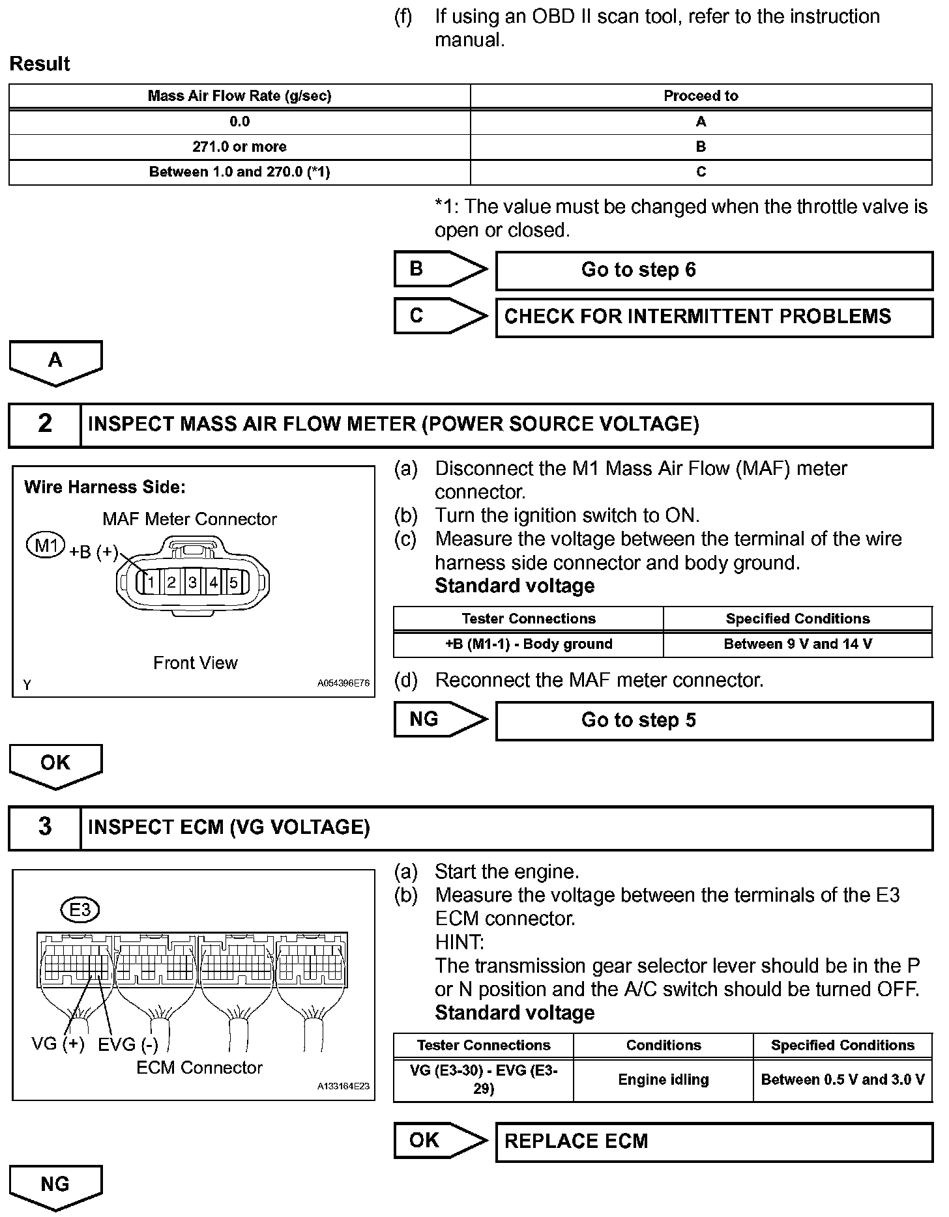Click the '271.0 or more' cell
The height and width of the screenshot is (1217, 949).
coord(239,147)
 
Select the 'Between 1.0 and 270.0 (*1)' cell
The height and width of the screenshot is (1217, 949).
coord(239,172)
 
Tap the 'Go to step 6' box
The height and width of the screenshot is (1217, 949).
coord(714,270)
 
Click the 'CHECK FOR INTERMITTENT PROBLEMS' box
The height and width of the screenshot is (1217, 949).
coord(714,317)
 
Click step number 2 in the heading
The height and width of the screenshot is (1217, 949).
coord(44,424)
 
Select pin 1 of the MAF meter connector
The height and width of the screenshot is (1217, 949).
coord(150,582)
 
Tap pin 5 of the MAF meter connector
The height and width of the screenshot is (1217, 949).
coord(234,582)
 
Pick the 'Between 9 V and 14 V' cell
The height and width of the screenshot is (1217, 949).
coord(798,644)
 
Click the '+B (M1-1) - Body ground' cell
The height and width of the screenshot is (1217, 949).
coord(529,644)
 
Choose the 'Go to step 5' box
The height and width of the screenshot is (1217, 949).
coord(714,721)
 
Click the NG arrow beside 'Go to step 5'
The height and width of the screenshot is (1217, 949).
coord(440,719)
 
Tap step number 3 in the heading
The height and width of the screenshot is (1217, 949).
coord(44,827)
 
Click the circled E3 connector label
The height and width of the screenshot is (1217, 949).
coord(80,909)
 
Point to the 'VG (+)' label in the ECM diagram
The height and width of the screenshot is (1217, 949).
coord(58,1044)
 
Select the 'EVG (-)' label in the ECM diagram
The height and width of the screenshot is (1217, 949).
coord(128,1045)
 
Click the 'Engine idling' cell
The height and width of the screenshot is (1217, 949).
coord(663,1080)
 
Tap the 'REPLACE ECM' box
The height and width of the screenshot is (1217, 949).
coord(714,1141)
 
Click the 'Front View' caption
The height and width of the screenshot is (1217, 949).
coord(195,663)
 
